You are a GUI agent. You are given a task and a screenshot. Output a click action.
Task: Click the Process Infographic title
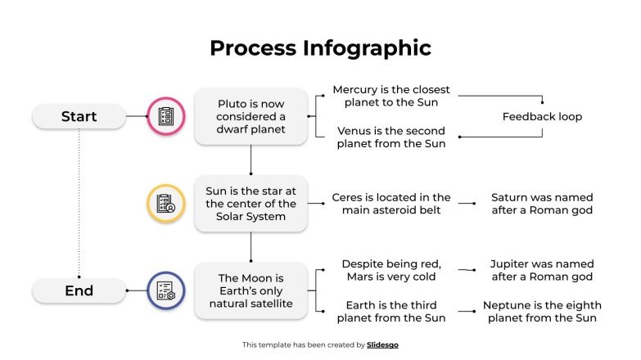[320, 48]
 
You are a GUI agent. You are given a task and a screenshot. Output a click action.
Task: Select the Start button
[79, 117]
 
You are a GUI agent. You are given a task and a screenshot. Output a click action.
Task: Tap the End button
[79, 290]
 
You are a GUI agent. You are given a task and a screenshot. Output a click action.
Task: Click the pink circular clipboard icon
[165, 117]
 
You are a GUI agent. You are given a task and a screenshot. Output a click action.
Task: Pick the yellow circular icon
[165, 204]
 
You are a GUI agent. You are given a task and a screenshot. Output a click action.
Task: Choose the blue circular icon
[165, 290]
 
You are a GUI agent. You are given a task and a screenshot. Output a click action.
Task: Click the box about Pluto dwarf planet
[251, 116]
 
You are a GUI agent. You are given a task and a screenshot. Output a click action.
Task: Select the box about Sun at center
[251, 204]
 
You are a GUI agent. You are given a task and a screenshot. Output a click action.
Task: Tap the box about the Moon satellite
[251, 290]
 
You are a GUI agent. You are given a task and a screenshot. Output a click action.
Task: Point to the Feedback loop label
[542, 117]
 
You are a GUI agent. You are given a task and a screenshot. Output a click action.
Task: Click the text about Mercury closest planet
[390, 96]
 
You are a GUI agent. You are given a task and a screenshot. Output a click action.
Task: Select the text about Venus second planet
[390, 137]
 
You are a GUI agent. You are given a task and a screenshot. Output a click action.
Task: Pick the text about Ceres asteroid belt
[390, 204]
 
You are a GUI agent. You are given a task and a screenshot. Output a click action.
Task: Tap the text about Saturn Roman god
[542, 204]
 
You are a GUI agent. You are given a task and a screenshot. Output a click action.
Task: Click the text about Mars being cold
[390, 270]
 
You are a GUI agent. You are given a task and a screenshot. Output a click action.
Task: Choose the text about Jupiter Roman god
[542, 270]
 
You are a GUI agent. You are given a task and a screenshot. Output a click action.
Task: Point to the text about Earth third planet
[390, 311]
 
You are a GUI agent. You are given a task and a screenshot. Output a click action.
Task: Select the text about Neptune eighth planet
[542, 311]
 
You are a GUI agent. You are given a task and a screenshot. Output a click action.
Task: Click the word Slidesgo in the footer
[382, 345]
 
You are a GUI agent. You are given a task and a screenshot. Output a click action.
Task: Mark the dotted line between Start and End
[79, 205]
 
